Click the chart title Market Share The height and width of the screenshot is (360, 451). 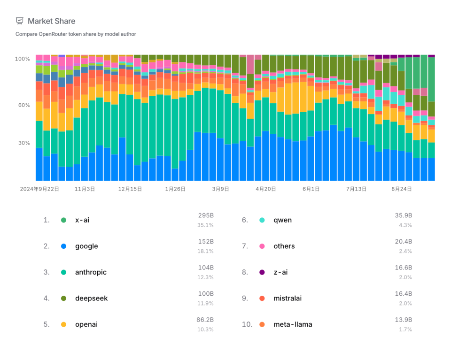click(51, 21)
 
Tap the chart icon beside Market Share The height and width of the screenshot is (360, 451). click(20, 21)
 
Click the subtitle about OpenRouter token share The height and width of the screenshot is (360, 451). click(76, 34)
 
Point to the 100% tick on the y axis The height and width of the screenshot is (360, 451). click(23, 59)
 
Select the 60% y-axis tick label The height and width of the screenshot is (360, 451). click(24, 105)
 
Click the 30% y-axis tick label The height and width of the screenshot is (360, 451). click(24, 143)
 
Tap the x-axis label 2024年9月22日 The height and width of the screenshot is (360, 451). click(39, 189)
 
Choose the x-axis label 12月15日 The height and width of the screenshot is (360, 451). click(130, 189)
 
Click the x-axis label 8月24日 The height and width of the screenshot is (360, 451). click(402, 189)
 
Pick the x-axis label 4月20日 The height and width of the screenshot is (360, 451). click(266, 189)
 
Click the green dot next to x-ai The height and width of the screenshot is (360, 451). click(63, 220)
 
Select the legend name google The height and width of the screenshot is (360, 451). click(86, 246)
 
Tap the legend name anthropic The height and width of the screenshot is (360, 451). click(91, 272)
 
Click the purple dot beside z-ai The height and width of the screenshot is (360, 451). click(262, 272)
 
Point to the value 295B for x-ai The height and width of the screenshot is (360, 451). click(206, 215)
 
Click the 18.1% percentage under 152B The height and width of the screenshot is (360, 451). click(205, 251)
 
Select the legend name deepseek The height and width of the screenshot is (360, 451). click(91, 299)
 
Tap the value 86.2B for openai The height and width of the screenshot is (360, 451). click(205, 320)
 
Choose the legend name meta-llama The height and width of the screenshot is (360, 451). click(293, 324)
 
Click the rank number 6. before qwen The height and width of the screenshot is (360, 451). click(245, 220)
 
